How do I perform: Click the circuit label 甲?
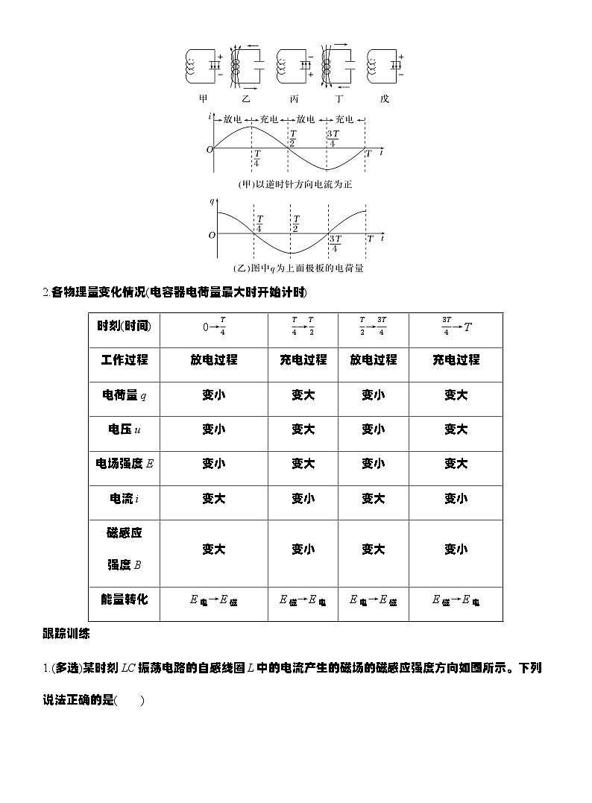tap(204, 98)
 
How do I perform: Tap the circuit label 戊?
tap(384, 98)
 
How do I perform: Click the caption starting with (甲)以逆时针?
tap(294, 183)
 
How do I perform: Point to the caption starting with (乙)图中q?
tap(294, 268)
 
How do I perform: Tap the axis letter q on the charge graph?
tap(212, 201)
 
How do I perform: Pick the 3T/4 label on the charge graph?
tap(335, 243)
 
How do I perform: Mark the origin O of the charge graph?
tap(212, 234)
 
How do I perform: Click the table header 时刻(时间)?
tap(124, 325)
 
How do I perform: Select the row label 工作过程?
tap(124, 359)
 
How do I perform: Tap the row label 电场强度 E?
tap(124, 463)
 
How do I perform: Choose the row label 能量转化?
tap(124, 599)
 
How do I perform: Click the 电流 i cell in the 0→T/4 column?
tap(213, 498)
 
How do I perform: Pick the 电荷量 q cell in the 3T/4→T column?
tap(456, 395)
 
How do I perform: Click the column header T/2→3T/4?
tap(373, 326)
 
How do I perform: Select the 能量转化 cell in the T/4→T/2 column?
tap(303, 599)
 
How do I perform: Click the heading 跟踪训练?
tap(66, 634)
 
